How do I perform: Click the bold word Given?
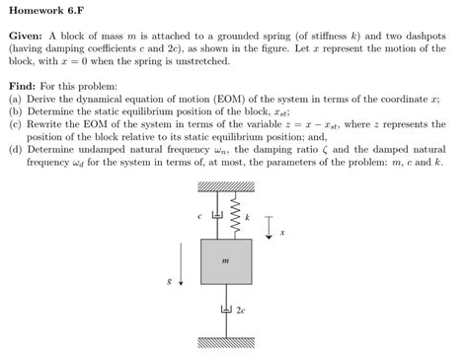(x=26, y=36)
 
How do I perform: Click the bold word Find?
(x=23, y=87)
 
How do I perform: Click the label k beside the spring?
(x=247, y=215)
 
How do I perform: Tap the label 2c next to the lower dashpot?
(x=243, y=310)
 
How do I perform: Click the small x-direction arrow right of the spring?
(x=270, y=223)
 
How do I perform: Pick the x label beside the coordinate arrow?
(x=282, y=233)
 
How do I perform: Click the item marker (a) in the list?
(x=14, y=100)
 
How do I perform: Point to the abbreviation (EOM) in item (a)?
(x=210, y=100)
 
